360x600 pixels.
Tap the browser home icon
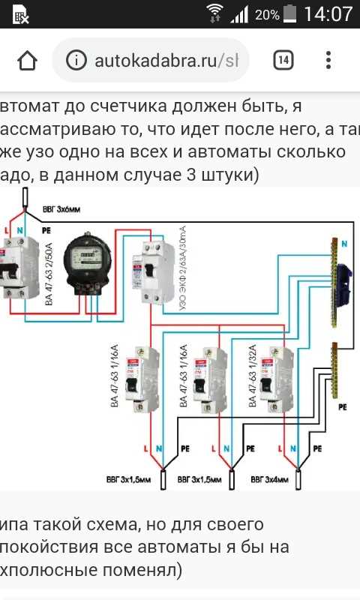coord(28,60)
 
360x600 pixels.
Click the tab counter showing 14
coord(283,60)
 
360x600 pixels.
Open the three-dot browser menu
coord(328,60)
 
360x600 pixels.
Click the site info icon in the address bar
coord(76,60)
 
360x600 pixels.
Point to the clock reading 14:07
coord(328,13)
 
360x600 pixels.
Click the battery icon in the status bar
coord(290,13)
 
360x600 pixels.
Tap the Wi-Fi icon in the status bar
coord(215,13)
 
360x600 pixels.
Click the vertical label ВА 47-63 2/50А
coord(49,274)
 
